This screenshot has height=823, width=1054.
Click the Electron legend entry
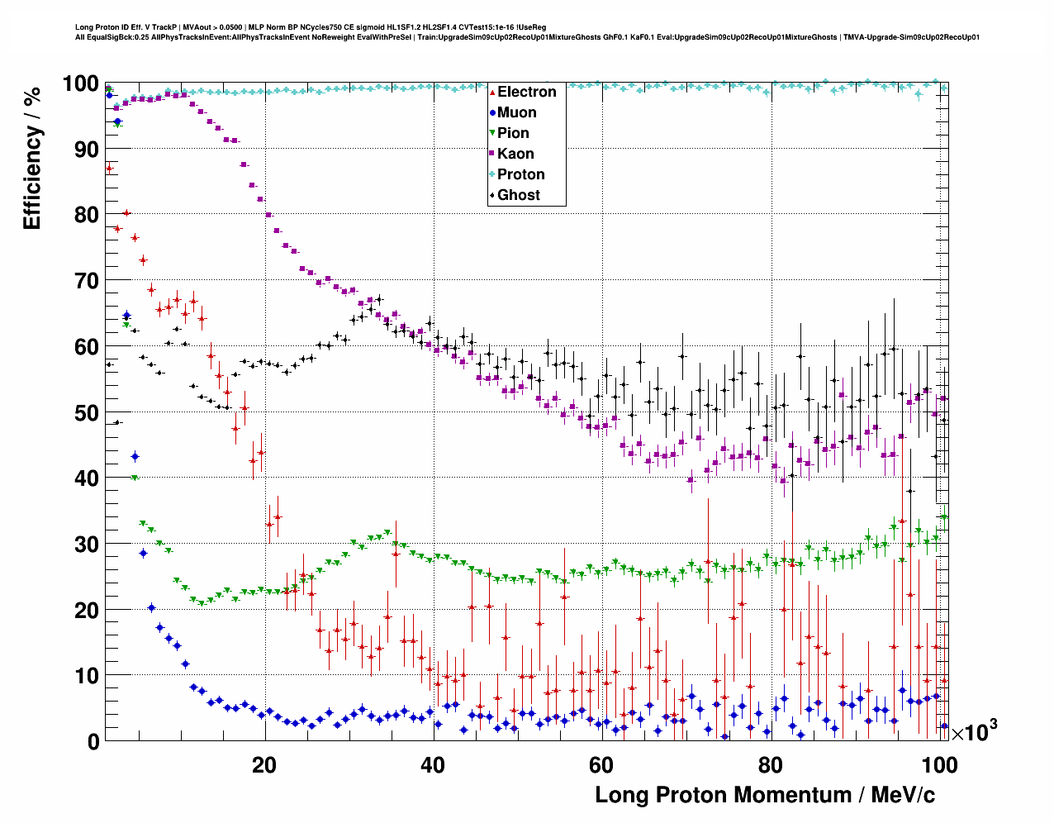pyautogui.click(x=526, y=92)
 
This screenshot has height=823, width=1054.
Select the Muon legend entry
pyautogui.click(x=516, y=112)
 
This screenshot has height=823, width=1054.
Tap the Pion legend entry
pyautogui.click(x=513, y=133)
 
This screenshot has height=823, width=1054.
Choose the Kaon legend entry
pyautogui.click(x=515, y=154)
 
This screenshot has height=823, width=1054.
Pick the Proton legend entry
pyautogui.click(x=520, y=174)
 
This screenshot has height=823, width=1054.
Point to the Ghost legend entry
pyautogui.click(x=518, y=195)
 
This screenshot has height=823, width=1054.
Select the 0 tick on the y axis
pyautogui.click(x=93, y=741)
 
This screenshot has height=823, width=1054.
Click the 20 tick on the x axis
pyautogui.click(x=264, y=764)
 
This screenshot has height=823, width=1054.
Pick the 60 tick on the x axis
pyautogui.click(x=601, y=764)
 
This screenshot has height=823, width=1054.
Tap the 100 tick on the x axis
pyautogui.click(x=939, y=764)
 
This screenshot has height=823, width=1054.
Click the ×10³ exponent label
pyautogui.click(x=975, y=731)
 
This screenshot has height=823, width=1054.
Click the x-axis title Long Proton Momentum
pyautogui.click(x=765, y=795)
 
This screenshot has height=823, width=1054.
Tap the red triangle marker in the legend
pyautogui.click(x=492, y=92)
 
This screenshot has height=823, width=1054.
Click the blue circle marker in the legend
pyautogui.click(x=492, y=112)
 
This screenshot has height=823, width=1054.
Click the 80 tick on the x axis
pyautogui.click(x=770, y=764)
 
